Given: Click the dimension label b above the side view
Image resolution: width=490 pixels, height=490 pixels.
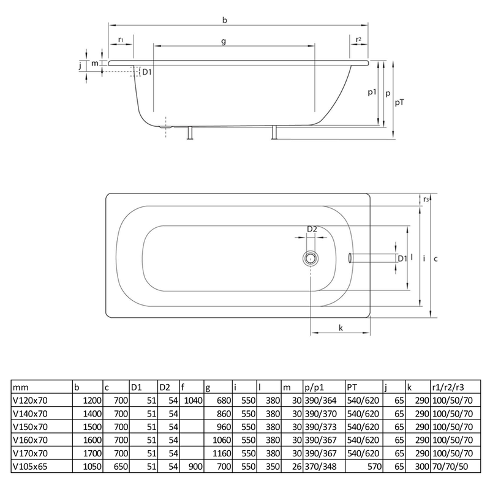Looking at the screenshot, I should (x=225, y=20).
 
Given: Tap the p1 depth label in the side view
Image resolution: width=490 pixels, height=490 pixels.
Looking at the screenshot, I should (x=372, y=92).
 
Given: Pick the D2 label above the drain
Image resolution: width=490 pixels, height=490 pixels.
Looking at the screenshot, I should (x=312, y=229).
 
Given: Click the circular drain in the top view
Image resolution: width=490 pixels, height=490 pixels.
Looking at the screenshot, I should (x=312, y=258).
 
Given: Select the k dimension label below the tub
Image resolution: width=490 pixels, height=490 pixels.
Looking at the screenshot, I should (x=340, y=328).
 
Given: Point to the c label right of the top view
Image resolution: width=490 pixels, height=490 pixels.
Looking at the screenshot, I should (x=435, y=258).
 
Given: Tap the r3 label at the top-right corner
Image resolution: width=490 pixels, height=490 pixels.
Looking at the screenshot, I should (x=425, y=199).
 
